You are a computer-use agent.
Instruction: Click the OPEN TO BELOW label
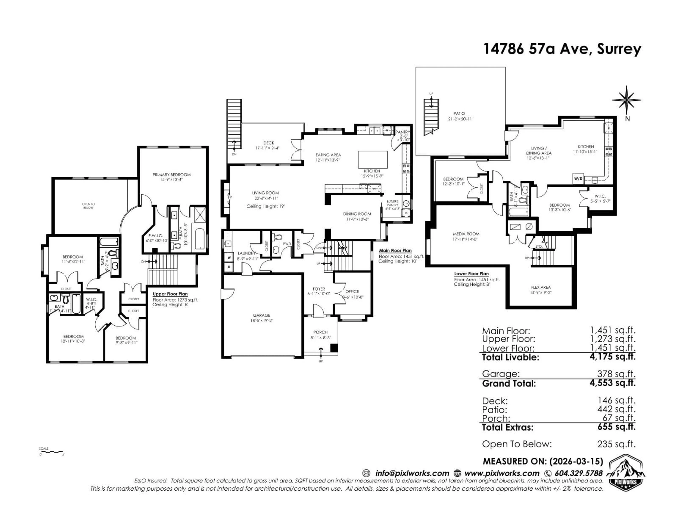pyautogui.click(x=89, y=206)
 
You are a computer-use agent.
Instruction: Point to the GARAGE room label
pyautogui.click(x=261, y=315)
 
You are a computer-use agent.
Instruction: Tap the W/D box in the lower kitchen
pyautogui.click(x=578, y=179)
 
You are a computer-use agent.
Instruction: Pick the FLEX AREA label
pyautogui.click(x=541, y=287)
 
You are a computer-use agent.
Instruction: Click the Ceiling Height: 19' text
pyautogui.click(x=265, y=206)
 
